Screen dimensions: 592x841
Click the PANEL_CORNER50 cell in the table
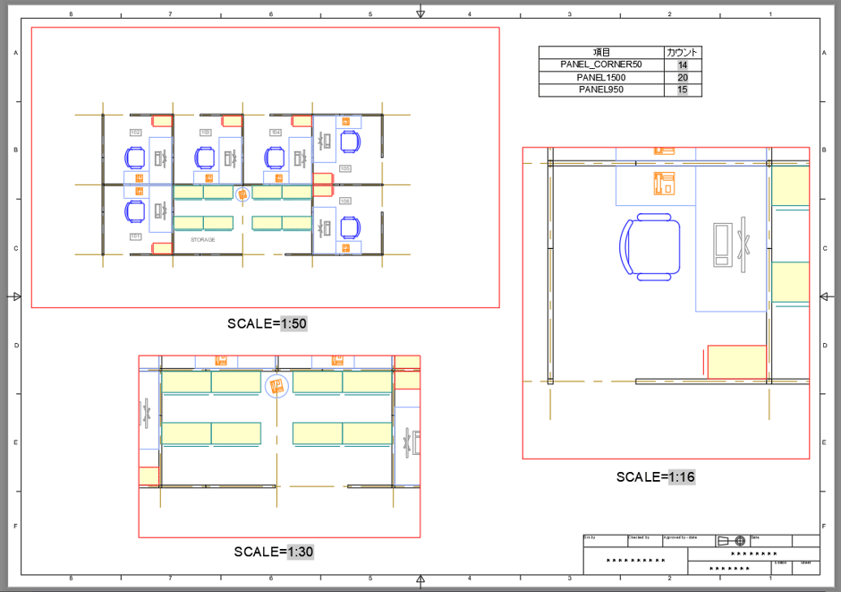pyautogui.click(x=601, y=64)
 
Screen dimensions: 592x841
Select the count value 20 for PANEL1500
pyautogui.click(x=683, y=78)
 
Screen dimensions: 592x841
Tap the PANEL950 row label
pyautogui.click(x=601, y=90)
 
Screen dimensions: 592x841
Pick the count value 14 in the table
pyautogui.click(x=683, y=64)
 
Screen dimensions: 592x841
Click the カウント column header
pyautogui.click(x=683, y=52)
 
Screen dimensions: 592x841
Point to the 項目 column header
pyautogui.click(x=601, y=52)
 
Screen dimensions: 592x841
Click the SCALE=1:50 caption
pyautogui.click(x=268, y=323)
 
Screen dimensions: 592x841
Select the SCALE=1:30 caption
pyautogui.click(x=273, y=552)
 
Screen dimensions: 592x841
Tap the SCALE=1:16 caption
pyautogui.click(x=655, y=476)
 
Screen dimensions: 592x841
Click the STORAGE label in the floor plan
pyautogui.click(x=203, y=240)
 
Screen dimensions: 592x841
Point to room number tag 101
pyautogui.click(x=135, y=236)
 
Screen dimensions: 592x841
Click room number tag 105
pyautogui.click(x=345, y=168)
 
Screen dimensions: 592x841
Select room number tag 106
pyautogui.click(x=345, y=201)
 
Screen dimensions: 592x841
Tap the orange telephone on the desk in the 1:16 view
pyautogui.click(x=664, y=183)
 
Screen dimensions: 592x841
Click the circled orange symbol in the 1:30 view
pyautogui.click(x=276, y=386)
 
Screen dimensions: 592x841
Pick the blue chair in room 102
pyautogui.click(x=135, y=158)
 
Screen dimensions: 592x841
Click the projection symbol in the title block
pyautogui.click(x=731, y=541)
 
